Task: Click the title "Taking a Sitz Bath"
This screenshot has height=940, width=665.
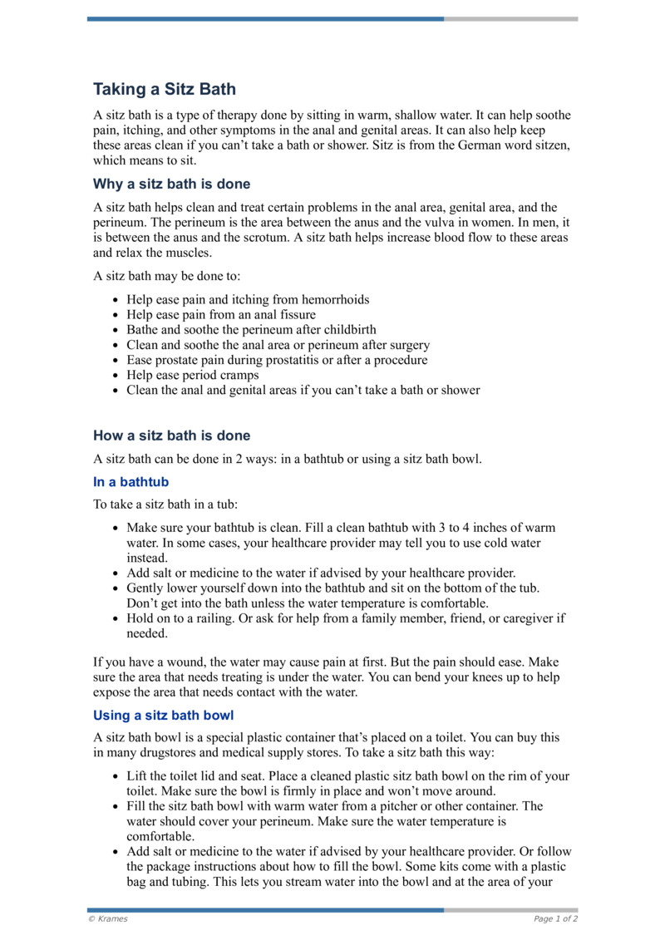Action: point(164,89)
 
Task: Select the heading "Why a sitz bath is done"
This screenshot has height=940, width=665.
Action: point(171,184)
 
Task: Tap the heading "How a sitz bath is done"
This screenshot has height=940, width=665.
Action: point(171,436)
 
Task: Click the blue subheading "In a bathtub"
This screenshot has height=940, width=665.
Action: point(131,482)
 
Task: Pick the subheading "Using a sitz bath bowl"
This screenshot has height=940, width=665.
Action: point(164,715)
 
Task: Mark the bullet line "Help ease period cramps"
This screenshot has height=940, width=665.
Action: point(193,375)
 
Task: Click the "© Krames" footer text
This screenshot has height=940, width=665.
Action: point(108,918)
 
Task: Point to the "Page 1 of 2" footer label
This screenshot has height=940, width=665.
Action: point(555,918)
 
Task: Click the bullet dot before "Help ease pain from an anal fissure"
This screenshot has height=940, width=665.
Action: point(115,315)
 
